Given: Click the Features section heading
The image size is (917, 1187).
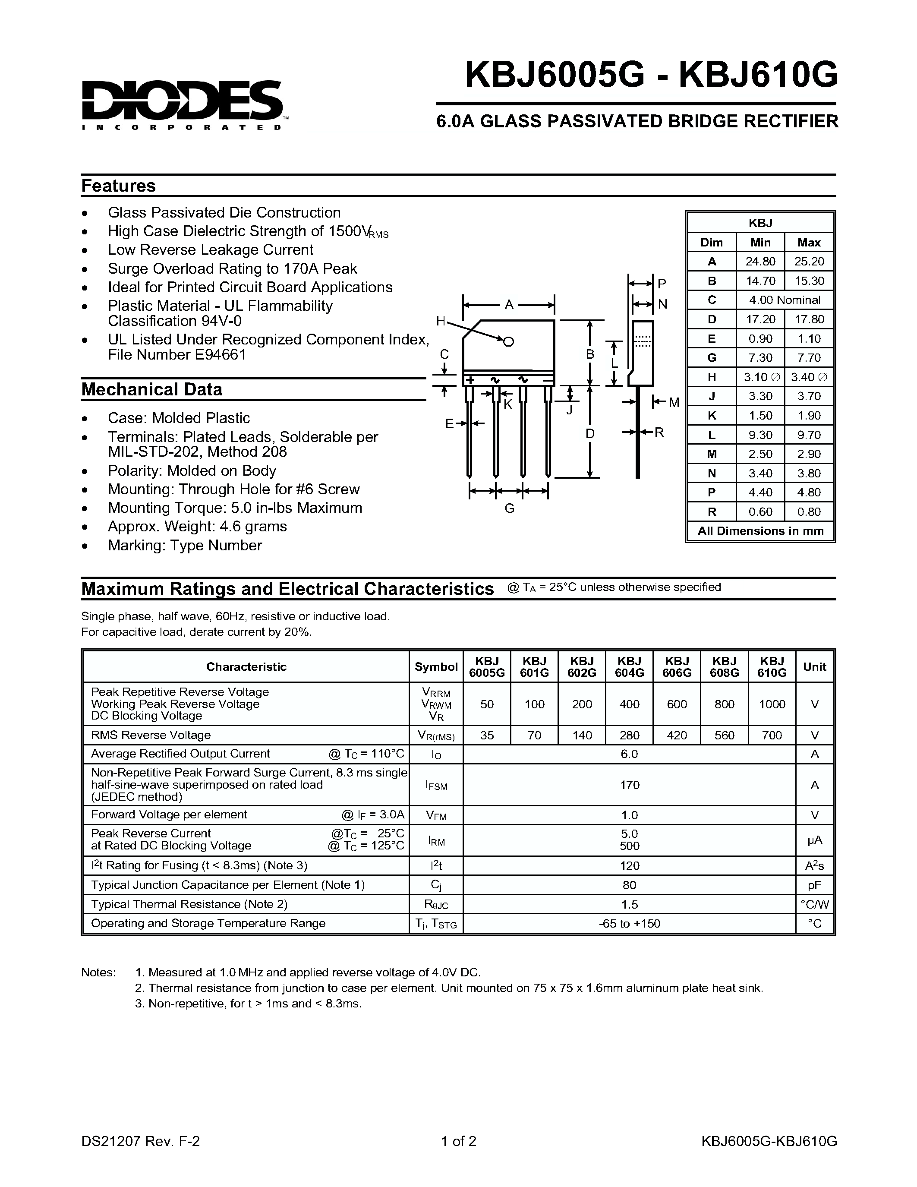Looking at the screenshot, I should [x=118, y=186].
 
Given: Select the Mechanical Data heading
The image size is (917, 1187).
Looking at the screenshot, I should [x=151, y=390].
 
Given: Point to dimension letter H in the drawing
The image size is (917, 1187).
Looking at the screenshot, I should [x=441, y=321].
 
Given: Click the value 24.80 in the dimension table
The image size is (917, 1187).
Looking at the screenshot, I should [x=760, y=262].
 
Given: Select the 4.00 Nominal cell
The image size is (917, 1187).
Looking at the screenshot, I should [x=785, y=300].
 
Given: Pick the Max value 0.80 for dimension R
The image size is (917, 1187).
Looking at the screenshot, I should [x=809, y=512].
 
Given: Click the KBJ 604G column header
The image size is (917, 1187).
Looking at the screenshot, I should [x=629, y=667].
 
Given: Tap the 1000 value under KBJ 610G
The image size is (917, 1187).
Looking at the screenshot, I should [x=772, y=704].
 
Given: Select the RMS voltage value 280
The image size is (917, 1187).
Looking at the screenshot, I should [x=629, y=736].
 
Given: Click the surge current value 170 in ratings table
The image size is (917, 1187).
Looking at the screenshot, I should [x=629, y=785].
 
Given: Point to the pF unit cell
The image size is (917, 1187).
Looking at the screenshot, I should [x=814, y=885].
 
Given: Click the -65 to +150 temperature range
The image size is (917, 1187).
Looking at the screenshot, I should [x=629, y=923].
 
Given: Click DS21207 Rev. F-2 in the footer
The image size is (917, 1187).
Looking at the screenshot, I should [x=141, y=1141].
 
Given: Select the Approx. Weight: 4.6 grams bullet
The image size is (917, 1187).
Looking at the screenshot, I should [x=197, y=527].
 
